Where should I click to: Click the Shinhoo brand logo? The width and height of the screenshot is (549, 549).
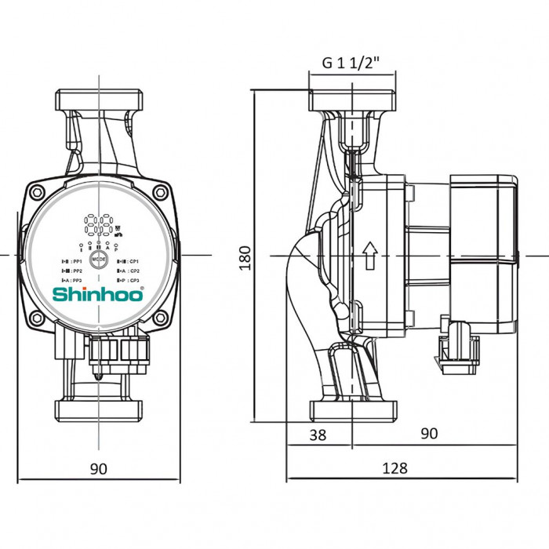tap(98, 295)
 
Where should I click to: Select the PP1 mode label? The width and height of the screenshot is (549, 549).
tap(72, 260)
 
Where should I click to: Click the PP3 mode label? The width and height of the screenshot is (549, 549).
tap(72, 280)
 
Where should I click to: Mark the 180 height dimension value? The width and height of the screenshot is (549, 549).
tap(245, 256)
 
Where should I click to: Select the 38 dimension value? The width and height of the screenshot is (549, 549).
tap(318, 434)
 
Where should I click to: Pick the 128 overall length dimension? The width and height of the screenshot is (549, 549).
tap(396, 468)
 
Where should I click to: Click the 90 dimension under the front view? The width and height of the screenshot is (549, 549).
tap(98, 468)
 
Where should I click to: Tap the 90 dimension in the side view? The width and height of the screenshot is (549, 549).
tap(430, 434)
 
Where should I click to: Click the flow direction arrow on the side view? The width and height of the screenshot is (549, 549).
tap(370, 254)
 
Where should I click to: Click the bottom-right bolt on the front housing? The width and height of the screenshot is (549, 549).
tap(160, 318)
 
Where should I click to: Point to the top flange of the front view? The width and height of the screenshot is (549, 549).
tap(99, 101)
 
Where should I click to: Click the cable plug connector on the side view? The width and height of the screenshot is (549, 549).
tap(460, 342)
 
